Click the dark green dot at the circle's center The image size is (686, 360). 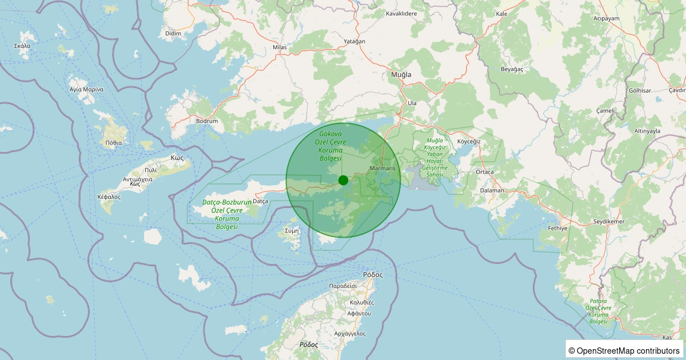coord(343,180)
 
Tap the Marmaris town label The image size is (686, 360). coord(382,169)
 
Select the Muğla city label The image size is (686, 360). coord(401,74)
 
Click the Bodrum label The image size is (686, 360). coord(206,121)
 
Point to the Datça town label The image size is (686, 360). coord(260,201)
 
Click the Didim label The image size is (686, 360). coord(173,34)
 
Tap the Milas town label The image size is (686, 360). coord(279,47)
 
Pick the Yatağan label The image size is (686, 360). coord(354,42)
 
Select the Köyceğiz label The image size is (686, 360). coord(469,141)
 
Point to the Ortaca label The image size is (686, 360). coord(484,171)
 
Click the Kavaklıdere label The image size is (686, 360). coord(401,13)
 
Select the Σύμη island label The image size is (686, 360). coord(292,231)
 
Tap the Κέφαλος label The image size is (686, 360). coord(109,197)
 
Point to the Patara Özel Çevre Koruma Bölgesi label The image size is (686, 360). coord(598,311)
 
